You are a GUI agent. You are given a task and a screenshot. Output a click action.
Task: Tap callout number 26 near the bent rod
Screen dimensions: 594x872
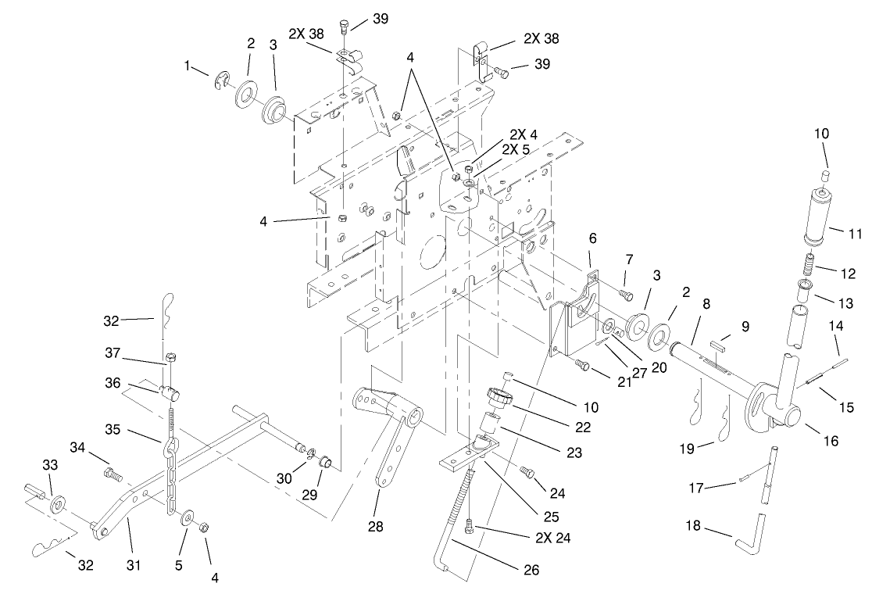point(531,571)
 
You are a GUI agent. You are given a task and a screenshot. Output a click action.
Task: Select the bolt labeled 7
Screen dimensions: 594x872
point(624,294)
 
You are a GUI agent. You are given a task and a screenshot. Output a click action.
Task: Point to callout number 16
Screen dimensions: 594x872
point(830,442)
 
